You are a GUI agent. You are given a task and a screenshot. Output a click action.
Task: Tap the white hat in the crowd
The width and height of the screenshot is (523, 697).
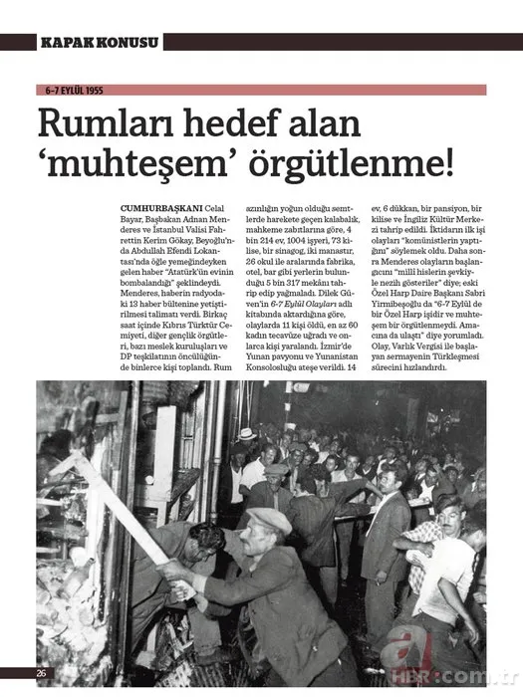[246, 435]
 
